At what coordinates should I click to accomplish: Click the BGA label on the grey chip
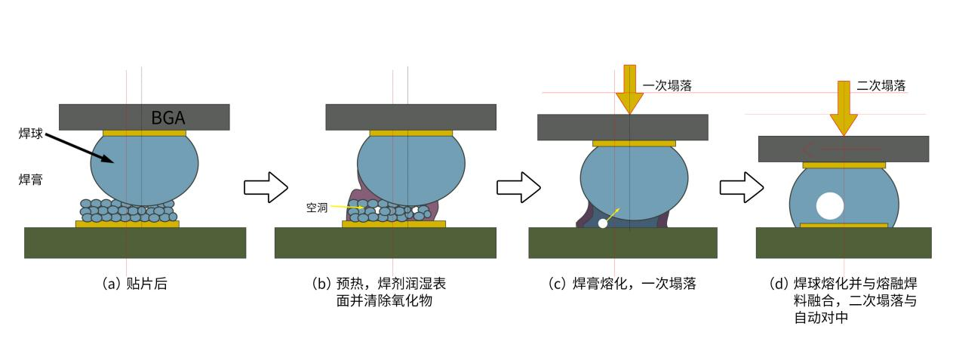(168, 117)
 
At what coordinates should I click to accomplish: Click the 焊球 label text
(31, 133)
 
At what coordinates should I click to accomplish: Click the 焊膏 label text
(31, 179)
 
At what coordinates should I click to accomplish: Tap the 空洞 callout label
(316, 208)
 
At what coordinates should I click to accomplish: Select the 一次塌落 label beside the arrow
(667, 86)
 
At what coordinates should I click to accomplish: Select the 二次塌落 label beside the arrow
(881, 86)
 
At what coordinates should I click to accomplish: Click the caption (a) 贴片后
(134, 285)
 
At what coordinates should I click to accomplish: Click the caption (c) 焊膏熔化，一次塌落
(622, 285)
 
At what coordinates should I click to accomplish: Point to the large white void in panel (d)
(829, 205)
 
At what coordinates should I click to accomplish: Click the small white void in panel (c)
(602, 223)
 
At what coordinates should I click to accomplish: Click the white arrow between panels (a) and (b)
(266, 187)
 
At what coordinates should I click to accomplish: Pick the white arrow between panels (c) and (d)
(742, 187)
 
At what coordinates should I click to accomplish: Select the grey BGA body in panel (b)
(410, 117)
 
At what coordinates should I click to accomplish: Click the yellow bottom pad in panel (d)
(844, 225)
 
